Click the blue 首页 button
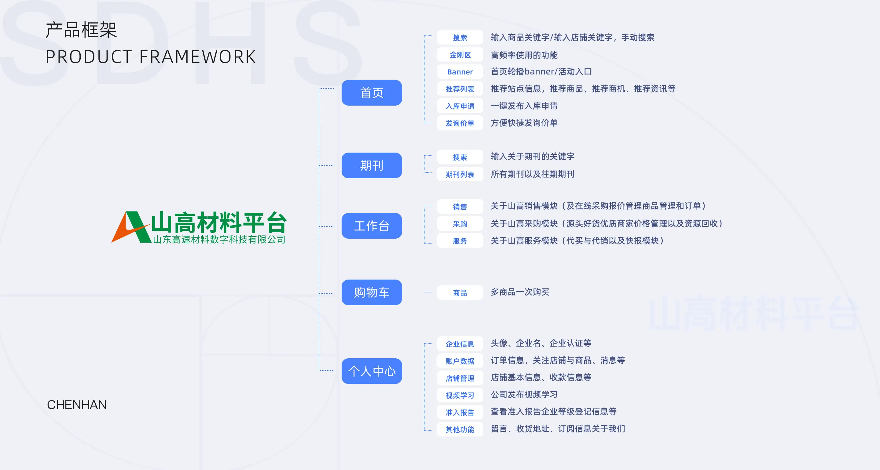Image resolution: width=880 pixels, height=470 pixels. [372, 93]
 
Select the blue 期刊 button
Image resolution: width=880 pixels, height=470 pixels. [372, 165]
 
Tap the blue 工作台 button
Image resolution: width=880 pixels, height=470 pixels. [372, 226]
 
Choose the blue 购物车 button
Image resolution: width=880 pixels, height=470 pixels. [372, 292]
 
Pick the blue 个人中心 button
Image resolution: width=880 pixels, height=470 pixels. [372, 371]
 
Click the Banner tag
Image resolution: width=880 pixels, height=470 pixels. [460, 72]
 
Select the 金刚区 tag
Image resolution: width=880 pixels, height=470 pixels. [460, 55]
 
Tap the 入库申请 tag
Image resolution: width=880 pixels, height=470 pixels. [460, 106]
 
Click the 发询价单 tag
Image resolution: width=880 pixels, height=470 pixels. [460, 123]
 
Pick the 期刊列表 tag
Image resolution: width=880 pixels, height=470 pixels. [460, 174]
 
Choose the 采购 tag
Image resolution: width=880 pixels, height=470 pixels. [460, 224]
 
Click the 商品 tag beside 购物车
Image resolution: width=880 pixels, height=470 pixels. [460, 292]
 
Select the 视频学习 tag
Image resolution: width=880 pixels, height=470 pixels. [460, 395]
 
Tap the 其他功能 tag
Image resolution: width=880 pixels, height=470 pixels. [460, 429]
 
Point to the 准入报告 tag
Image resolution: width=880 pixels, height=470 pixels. [460, 412]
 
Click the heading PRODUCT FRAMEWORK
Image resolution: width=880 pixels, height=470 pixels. [151, 57]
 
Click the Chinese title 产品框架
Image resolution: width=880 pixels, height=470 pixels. [81, 30]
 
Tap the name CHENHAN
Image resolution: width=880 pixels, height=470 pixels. [77, 404]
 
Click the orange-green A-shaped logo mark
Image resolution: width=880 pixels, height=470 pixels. [131, 227]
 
